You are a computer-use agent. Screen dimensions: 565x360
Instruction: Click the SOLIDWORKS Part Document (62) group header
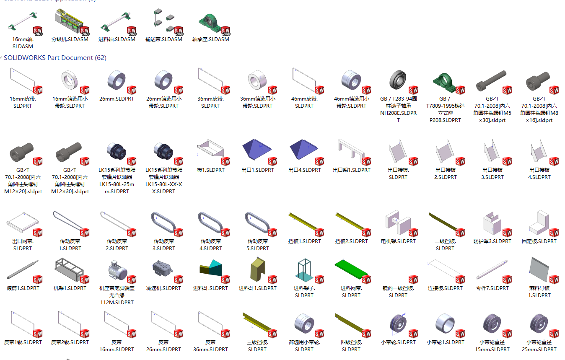(55, 58)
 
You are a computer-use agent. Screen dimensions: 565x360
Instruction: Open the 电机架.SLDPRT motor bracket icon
(397, 223)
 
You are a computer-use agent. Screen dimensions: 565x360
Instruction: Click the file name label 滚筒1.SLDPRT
(23, 288)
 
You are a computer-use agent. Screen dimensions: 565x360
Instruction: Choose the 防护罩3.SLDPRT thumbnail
(492, 223)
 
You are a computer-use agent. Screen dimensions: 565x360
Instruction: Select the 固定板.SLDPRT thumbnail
(539, 223)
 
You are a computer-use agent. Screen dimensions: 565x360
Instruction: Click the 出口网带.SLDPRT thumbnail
(23, 222)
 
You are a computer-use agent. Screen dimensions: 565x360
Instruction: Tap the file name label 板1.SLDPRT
(210, 170)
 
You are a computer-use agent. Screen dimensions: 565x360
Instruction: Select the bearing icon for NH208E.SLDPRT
(398, 80)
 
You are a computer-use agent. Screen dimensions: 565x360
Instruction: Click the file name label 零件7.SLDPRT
(492, 288)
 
